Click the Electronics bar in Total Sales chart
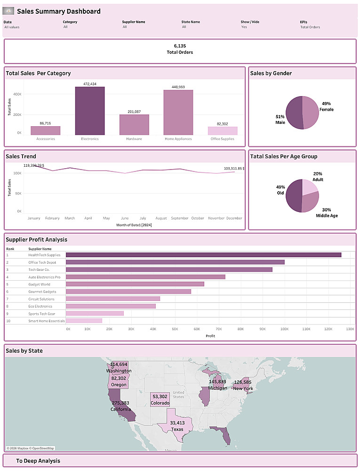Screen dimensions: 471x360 coord(90,111)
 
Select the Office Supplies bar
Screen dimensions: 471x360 coord(223,131)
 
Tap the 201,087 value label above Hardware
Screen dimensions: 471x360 coord(134,112)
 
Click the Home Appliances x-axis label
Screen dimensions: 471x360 coord(178,139)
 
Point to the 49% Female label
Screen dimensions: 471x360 coord(326,106)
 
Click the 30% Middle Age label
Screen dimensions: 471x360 coord(327,213)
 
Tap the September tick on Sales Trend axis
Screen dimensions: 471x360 coord(180,219)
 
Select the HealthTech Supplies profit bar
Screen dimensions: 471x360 coord(203,255)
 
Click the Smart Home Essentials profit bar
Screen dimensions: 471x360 coord(84,321)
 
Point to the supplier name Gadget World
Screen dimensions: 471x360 coord(39,284)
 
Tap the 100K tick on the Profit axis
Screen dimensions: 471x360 coord(284,329)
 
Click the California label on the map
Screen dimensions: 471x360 coord(120,409)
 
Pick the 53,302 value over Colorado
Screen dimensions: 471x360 coord(160,397)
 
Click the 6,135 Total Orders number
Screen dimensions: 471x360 coord(180,46)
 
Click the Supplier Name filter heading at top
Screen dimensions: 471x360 coord(134,22)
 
